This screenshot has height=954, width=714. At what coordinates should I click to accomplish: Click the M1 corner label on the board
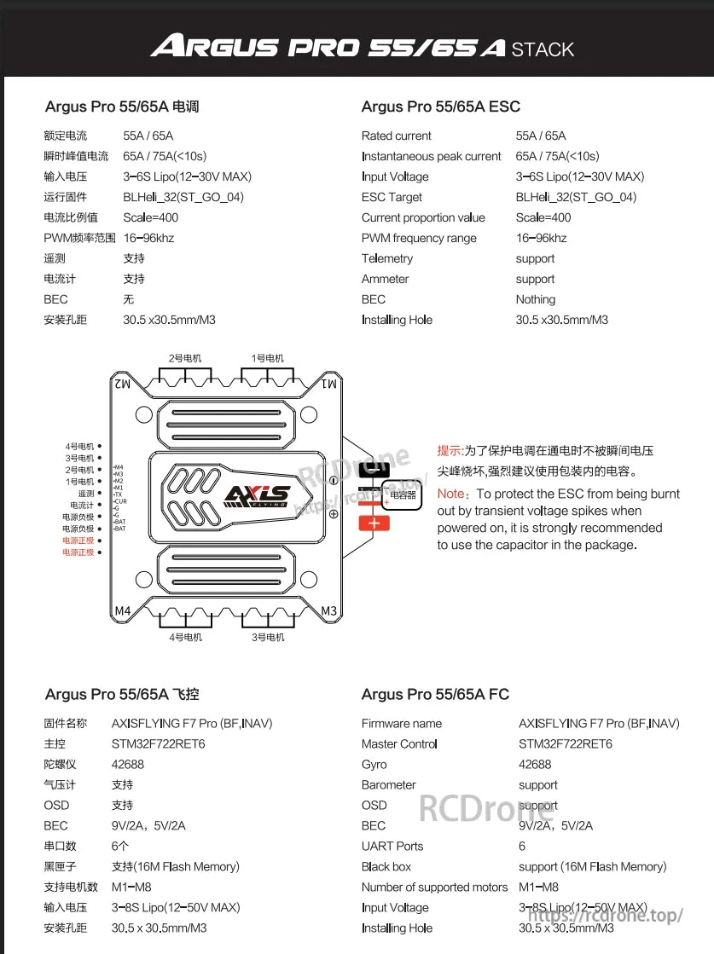click(329, 384)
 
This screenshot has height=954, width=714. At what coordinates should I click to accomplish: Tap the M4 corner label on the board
click(122, 611)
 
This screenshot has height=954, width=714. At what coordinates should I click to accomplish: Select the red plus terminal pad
click(374, 523)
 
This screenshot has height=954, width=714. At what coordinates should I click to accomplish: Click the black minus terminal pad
click(374, 469)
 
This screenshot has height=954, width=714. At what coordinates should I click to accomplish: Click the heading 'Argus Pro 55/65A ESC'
click(440, 107)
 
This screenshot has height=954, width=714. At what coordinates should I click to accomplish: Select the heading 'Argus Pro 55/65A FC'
click(435, 695)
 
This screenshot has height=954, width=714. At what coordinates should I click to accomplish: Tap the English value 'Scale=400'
click(543, 217)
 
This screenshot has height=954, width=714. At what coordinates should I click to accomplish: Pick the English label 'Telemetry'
click(386, 258)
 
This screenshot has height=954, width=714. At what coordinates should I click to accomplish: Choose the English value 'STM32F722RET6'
click(565, 743)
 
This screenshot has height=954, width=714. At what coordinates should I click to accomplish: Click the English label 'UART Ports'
click(392, 846)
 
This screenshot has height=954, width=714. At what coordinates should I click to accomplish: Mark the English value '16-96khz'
click(541, 238)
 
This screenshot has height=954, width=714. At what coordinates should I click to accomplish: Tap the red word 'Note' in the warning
click(450, 494)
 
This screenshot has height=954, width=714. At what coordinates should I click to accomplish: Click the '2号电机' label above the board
click(185, 358)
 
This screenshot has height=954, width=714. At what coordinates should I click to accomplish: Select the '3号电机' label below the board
click(268, 637)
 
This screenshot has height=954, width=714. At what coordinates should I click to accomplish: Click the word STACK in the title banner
click(543, 49)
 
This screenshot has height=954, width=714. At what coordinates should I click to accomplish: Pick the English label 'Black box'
click(386, 866)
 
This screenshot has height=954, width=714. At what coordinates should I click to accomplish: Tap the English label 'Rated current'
click(396, 136)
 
